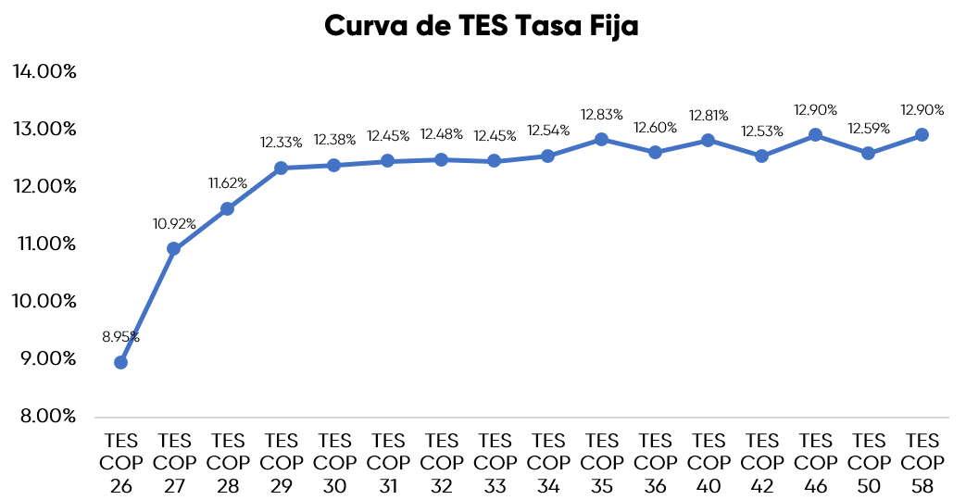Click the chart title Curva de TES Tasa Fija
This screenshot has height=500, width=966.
pos(482,27)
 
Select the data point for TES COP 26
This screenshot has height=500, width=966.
pos(120,362)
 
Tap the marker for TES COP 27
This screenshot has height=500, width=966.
pos(173,248)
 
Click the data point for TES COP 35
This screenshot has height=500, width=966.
pos(601,139)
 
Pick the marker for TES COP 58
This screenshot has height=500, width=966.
pos(922,134)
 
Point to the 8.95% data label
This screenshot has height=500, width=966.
pos(120,336)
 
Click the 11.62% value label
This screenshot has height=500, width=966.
pos(227,182)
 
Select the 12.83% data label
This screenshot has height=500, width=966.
pos(601,114)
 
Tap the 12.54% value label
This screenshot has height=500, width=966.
pos(548,131)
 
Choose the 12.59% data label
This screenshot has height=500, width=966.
pos(869,128)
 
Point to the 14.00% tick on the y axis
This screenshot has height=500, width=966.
pos(44,71)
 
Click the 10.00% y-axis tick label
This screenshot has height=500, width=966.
pos(44,301)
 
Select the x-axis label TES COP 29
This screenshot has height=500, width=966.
pos(281,461)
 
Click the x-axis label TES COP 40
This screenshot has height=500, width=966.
pos(709,461)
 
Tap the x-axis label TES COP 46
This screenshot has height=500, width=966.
pos(815,461)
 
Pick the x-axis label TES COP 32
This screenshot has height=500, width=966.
pos(441,461)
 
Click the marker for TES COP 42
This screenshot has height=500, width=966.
pos(761,156)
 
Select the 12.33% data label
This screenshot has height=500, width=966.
pos(281,143)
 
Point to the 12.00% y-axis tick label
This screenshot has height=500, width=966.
pos(44,186)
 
